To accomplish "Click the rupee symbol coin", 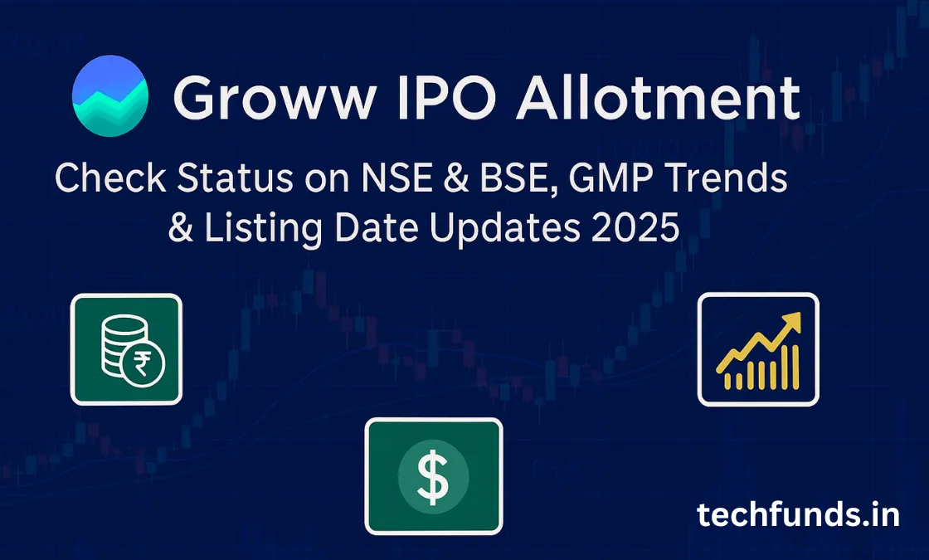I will pos(143,364).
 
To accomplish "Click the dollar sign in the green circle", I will pos(433,479).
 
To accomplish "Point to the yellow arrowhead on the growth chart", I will pos(792,321).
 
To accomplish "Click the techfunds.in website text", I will pos(798,515).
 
